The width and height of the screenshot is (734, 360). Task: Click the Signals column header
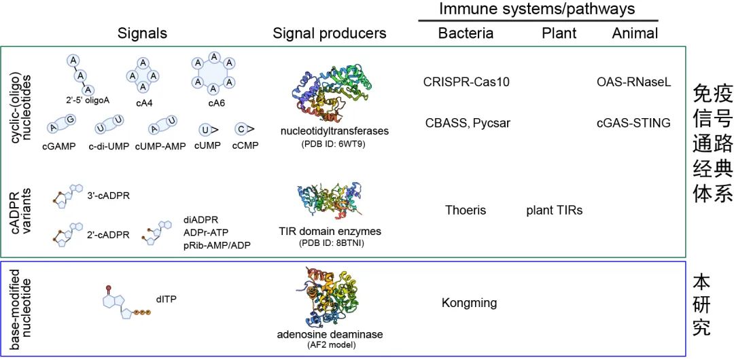(142, 33)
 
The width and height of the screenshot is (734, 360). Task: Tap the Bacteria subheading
(466, 33)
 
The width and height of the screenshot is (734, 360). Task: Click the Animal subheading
(635, 33)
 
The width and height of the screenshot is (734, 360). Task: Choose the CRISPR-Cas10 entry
(466, 82)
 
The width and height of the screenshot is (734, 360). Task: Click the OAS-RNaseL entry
(633, 82)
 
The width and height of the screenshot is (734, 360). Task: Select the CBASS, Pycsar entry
(468, 123)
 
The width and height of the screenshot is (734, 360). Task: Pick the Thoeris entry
(466, 210)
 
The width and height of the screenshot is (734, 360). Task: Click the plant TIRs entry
(554, 210)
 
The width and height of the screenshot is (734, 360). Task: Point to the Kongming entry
(469, 302)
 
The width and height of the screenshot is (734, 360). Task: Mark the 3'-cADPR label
(109, 196)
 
